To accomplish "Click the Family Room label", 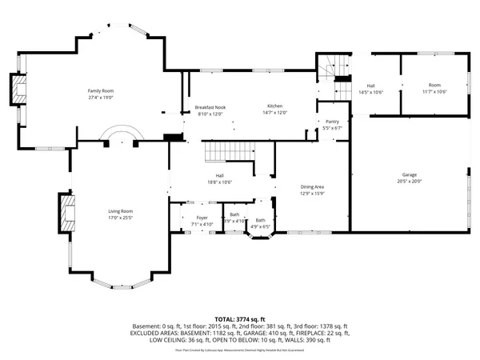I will pyautogui.click(x=101, y=91).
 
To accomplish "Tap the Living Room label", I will pyautogui.click(x=121, y=211).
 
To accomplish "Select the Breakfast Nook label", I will pyautogui.click(x=210, y=107).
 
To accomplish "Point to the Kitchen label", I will pyautogui.click(x=275, y=107).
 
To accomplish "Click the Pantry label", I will pyautogui.click(x=332, y=122).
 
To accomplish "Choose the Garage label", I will pyautogui.click(x=409, y=174).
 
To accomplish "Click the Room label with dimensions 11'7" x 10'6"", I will pyautogui.click(x=434, y=85).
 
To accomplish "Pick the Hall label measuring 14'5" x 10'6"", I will pyautogui.click(x=371, y=86).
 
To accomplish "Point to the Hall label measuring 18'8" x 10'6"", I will pyautogui.click(x=218, y=176).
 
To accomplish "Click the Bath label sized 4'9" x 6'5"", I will pyautogui.click(x=261, y=221).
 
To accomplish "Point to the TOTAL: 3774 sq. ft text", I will pyautogui.click(x=239, y=318).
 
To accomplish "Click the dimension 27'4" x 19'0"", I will pyautogui.click(x=101, y=97).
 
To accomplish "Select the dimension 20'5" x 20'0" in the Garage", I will pyautogui.click(x=409, y=181).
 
